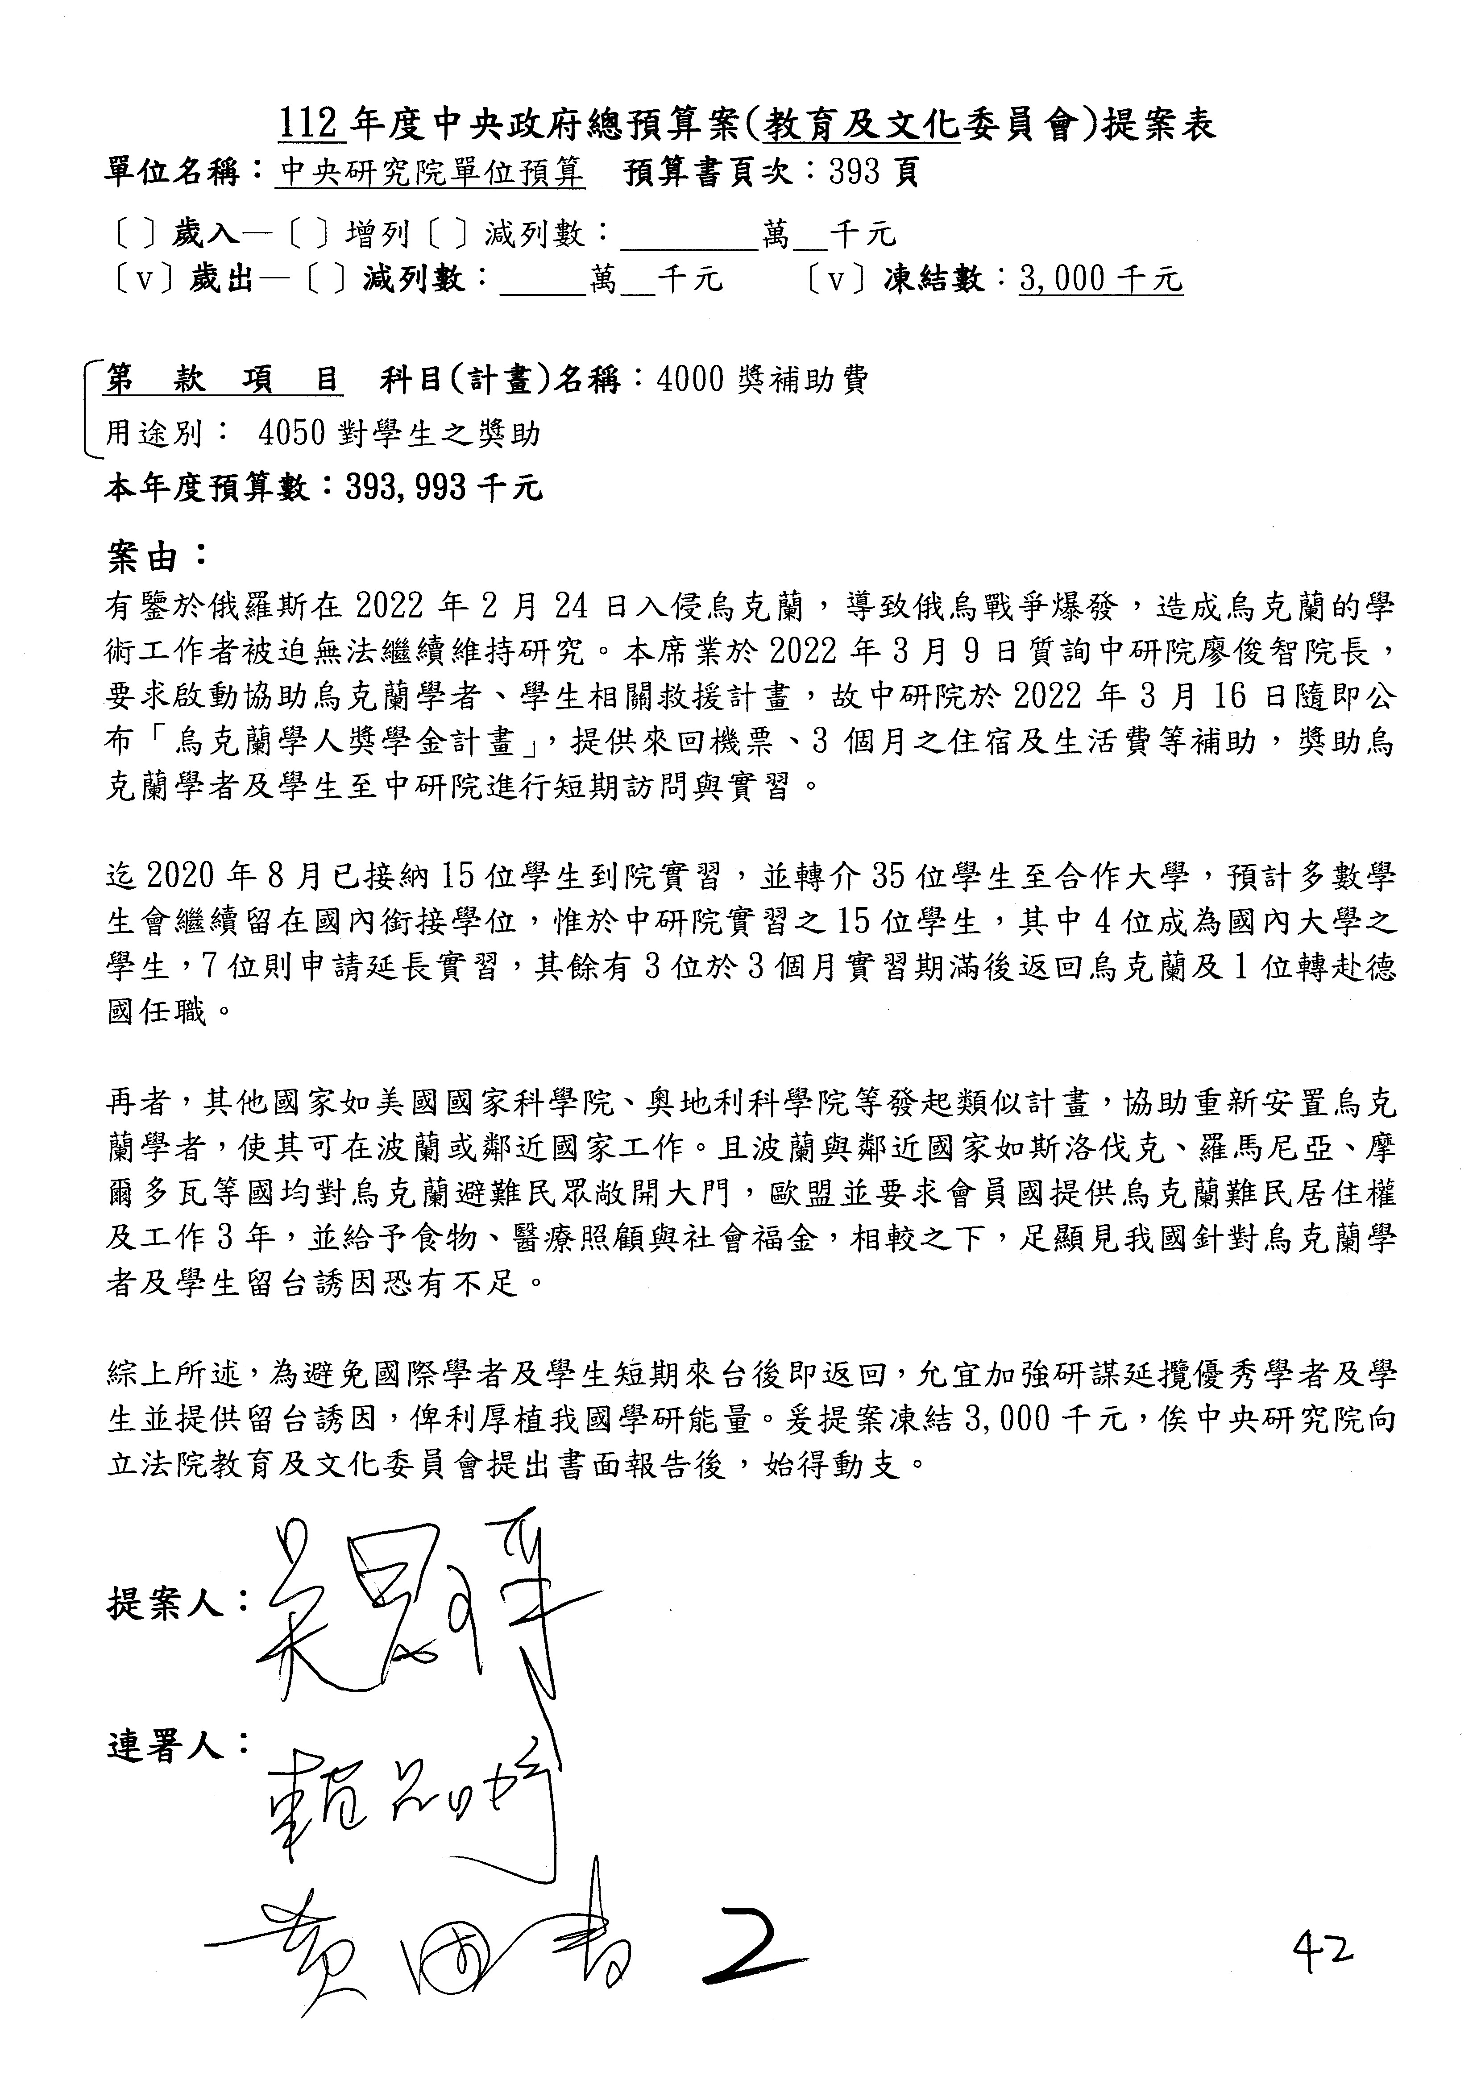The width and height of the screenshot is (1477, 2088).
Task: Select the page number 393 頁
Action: pos(873,173)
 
